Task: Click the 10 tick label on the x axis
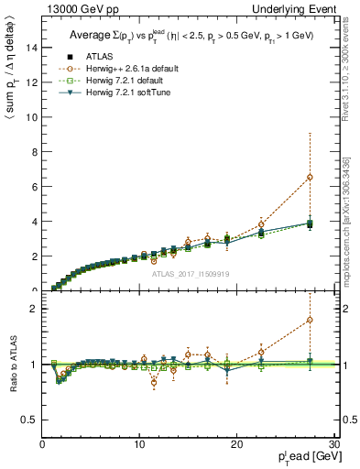[138, 445]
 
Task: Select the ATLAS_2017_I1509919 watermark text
[190, 273]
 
